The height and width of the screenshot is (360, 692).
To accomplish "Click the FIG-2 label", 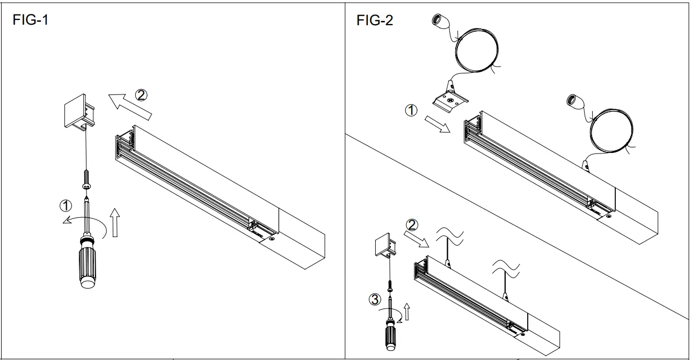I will (x=374, y=21).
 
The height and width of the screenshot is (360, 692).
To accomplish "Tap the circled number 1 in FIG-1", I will (x=65, y=204).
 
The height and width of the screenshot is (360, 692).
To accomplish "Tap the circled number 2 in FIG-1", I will (x=140, y=95).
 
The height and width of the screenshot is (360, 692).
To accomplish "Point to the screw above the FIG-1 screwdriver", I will (x=86, y=179).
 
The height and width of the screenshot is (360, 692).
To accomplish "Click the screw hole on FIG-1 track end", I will (x=272, y=238).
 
